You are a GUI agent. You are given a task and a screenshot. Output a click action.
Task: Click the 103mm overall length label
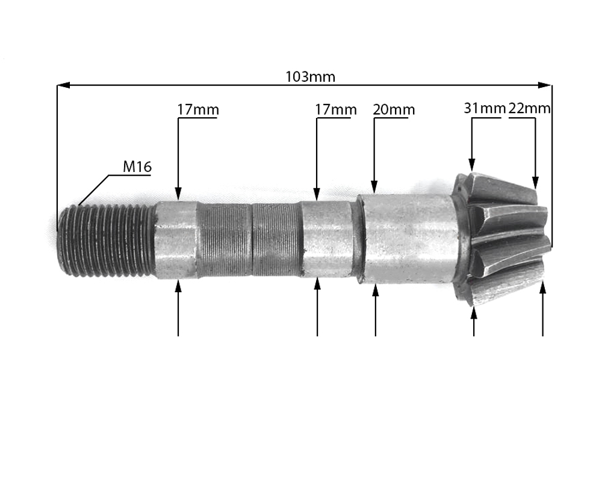click(x=310, y=77)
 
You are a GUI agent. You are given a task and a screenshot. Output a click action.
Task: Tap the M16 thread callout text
click(x=137, y=167)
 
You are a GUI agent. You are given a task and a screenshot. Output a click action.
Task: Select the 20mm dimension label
click(x=394, y=109)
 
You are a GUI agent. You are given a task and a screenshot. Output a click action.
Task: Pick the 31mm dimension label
click(x=485, y=108)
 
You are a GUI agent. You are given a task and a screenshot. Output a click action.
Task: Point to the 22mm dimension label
click(x=529, y=108)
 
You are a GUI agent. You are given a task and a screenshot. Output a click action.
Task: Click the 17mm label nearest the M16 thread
click(x=197, y=109)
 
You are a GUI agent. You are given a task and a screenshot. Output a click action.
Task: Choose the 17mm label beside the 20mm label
click(x=336, y=109)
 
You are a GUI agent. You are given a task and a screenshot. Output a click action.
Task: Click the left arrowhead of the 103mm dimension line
click(x=63, y=85)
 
